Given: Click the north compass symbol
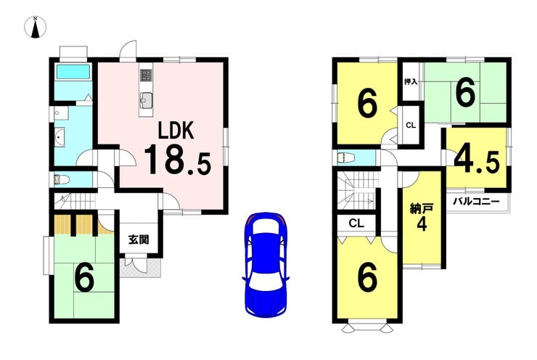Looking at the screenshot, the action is [x=36, y=27].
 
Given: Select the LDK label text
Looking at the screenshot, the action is [x=176, y=130].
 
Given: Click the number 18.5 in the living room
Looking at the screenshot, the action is [x=177, y=160].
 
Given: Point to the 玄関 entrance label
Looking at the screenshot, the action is [x=139, y=240].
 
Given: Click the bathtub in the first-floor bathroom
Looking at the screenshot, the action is [x=73, y=72].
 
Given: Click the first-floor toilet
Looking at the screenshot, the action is [x=62, y=179].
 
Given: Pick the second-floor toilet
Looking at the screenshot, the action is [x=345, y=158].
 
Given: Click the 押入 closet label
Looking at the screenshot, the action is [x=411, y=82].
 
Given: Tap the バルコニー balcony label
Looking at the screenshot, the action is [x=476, y=201].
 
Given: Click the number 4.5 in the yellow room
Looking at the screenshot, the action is [x=477, y=160].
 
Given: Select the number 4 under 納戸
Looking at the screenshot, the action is [x=422, y=224].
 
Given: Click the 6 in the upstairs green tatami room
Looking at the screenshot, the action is [x=465, y=91].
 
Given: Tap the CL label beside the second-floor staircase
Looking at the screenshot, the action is [x=356, y=224].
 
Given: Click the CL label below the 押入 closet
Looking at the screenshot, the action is [x=411, y=126].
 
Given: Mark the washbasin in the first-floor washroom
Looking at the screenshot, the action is [x=60, y=137].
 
